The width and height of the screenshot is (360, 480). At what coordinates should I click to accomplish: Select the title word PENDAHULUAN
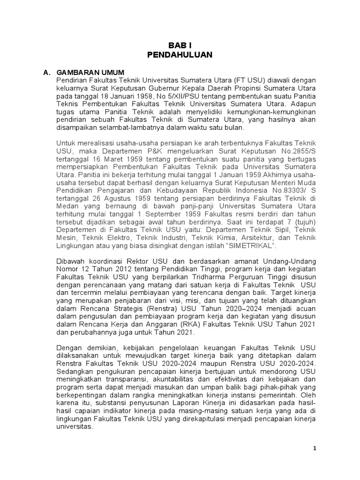pyautogui.click(x=180, y=55)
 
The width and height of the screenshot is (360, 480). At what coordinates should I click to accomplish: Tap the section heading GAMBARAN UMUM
pyautogui.click(x=90, y=73)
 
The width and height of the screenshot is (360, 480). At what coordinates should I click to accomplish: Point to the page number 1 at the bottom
pyautogui.click(x=315, y=449)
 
